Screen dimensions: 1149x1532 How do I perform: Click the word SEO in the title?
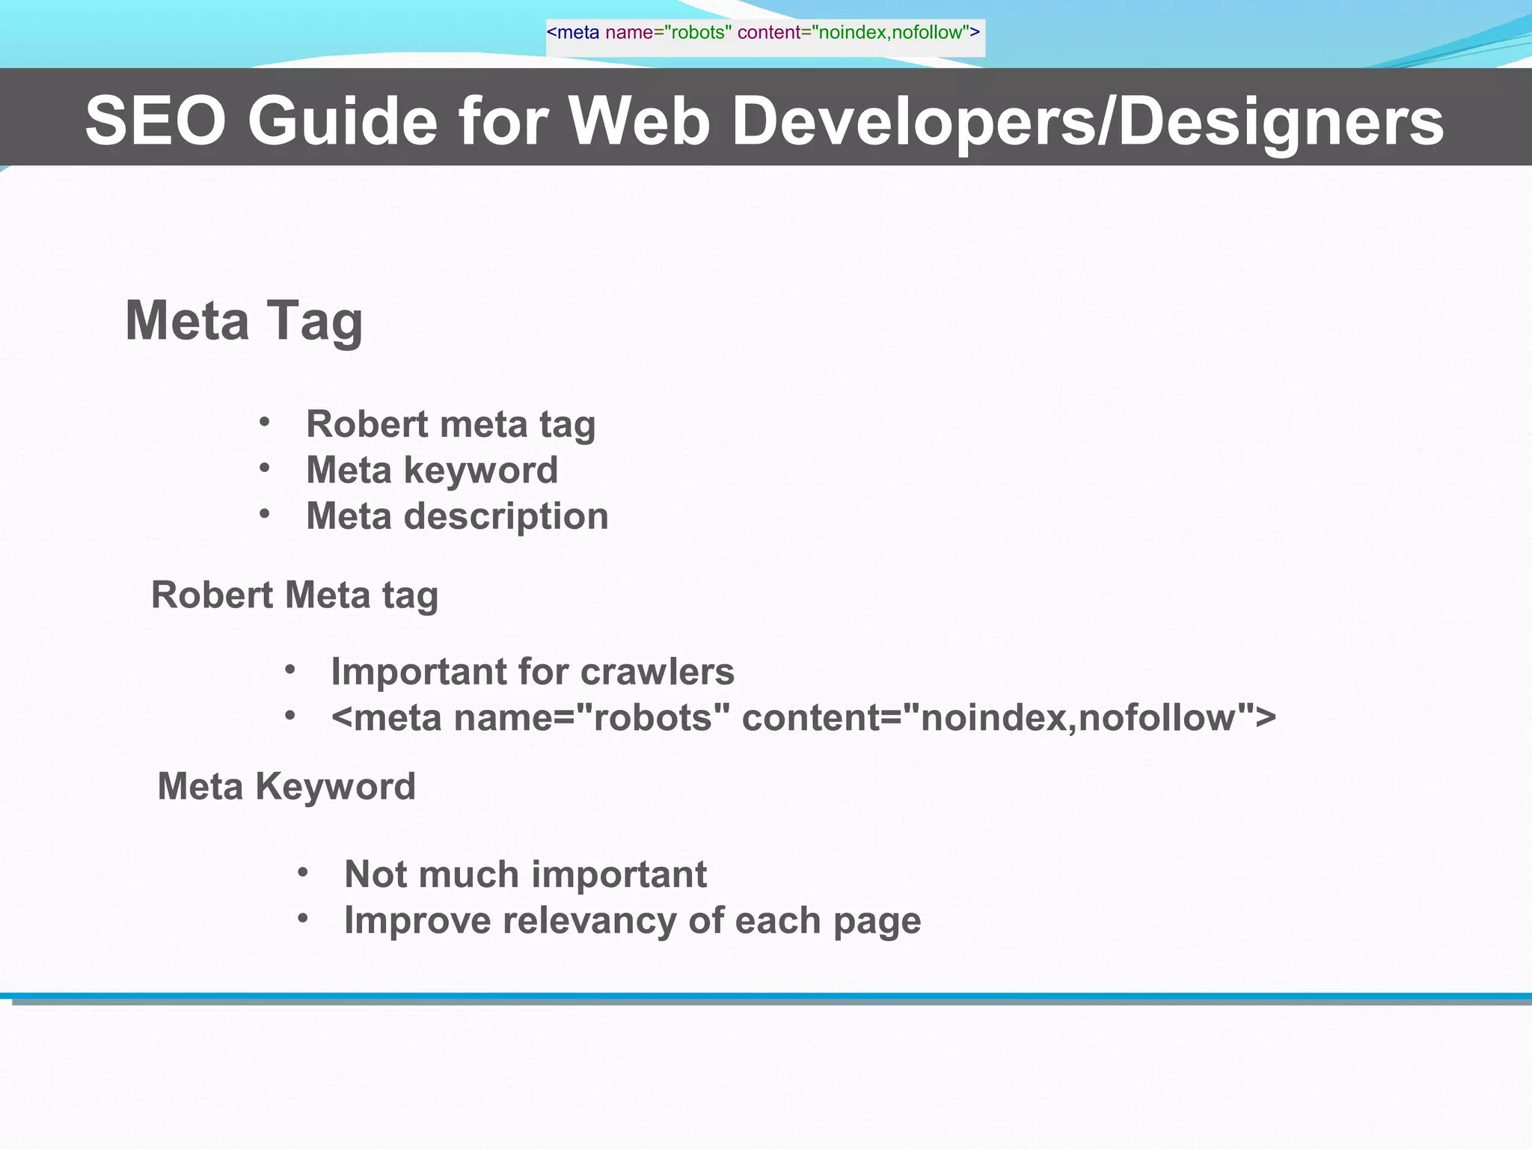(155, 121)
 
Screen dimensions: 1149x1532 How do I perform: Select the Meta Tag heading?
(244, 321)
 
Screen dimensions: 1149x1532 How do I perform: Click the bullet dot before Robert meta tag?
(264, 423)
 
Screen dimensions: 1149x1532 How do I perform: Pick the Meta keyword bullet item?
(432, 471)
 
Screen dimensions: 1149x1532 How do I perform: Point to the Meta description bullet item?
(457, 516)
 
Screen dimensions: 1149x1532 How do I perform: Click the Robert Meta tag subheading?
(295, 595)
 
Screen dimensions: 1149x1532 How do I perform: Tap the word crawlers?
(657, 672)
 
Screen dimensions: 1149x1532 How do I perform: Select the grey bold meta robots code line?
(803, 717)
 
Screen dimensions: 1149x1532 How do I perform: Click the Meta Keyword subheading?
(287, 787)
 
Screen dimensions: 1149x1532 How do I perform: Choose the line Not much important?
(525, 874)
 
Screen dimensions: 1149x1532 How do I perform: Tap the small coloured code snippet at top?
(764, 33)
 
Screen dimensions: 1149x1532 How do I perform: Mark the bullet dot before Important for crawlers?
(290, 670)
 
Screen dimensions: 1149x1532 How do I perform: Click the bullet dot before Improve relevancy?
(303, 919)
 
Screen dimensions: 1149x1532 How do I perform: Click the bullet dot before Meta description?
(264, 515)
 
